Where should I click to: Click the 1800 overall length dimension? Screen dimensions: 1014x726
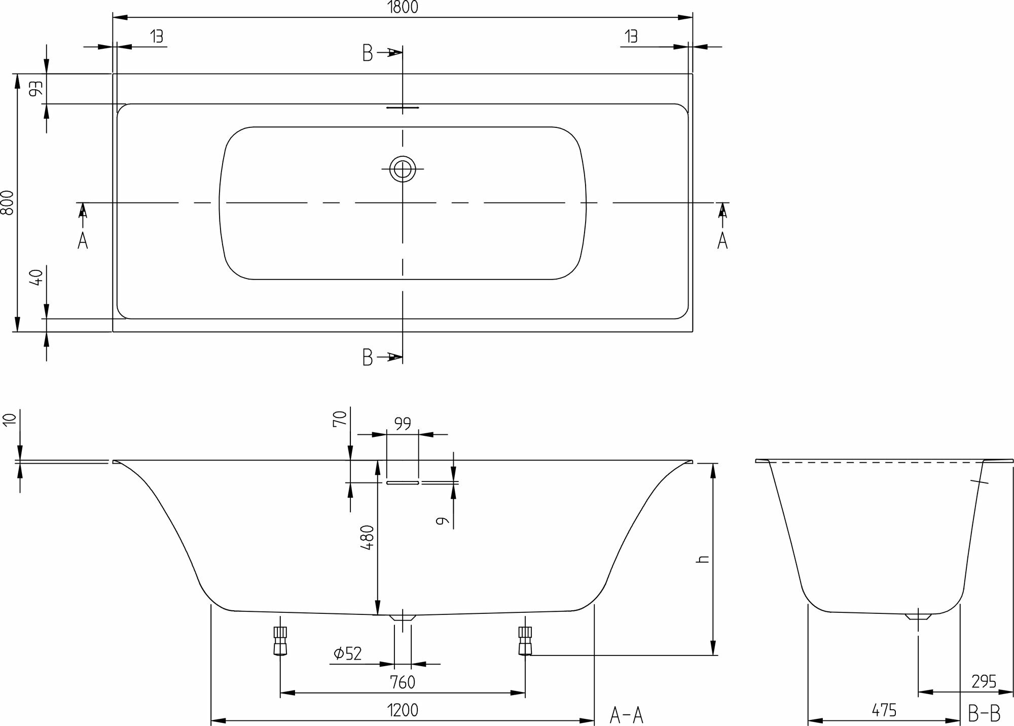(403, 7)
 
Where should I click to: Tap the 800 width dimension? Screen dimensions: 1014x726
(7, 203)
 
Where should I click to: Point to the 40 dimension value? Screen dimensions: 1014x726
(35, 278)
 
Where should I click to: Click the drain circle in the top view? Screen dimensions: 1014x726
(403, 168)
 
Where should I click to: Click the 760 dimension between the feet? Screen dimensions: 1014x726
(403, 682)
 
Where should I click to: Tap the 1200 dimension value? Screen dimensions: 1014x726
(403, 710)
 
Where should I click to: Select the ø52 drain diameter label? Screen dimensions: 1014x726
(348, 653)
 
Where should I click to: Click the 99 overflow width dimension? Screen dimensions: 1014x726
(403, 423)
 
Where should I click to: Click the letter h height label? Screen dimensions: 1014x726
(703, 559)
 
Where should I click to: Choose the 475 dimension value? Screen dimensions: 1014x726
(884, 710)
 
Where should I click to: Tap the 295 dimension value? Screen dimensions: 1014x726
(984, 681)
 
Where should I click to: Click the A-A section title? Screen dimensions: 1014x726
(626, 715)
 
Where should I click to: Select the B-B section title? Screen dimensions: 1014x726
(984, 715)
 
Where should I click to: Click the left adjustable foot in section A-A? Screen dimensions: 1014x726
(280, 641)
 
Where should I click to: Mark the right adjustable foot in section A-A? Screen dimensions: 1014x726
(525, 641)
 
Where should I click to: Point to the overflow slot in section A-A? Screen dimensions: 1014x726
(403, 483)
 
